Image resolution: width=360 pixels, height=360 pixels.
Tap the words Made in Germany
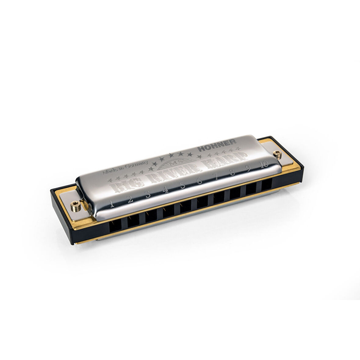point(125,167)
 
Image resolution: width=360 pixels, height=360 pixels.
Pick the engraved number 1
point(112,204)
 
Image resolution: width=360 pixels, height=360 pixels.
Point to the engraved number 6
point(200,181)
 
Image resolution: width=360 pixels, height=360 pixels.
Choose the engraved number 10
point(264,164)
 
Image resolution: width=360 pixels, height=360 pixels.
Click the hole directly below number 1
point(115,225)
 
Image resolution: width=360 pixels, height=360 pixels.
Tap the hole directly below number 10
point(267,184)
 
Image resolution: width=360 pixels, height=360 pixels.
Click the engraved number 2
point(130,199)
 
